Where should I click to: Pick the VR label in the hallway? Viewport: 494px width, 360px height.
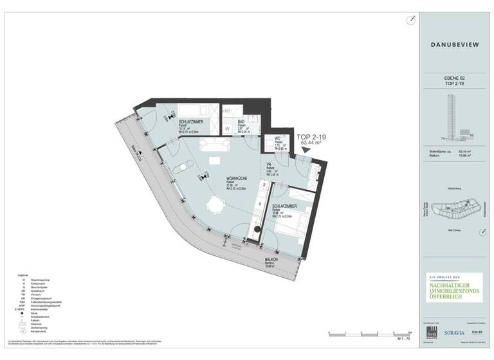pos(270,164)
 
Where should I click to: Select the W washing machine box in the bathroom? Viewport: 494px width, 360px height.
pos(227,129)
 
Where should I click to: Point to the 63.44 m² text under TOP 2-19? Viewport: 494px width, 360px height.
pos(311,143)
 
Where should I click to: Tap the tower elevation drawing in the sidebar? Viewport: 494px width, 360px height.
pos(450,116)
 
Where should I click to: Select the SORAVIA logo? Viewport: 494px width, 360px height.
pos(456,334)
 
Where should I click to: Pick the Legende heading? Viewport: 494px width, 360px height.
pos(17,274)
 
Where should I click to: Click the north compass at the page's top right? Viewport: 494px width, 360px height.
pos(410,21)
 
